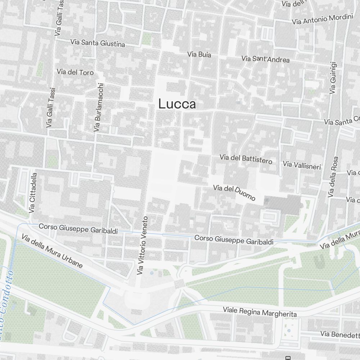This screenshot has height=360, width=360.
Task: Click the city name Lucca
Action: (177, 104)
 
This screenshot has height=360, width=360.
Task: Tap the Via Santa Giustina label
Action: (98, 43)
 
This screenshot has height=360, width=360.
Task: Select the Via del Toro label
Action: (75, 72)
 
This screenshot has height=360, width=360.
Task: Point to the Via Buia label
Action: (199, 55)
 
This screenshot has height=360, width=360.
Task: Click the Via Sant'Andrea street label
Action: (265, 59)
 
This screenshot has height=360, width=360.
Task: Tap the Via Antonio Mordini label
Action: (322, 19)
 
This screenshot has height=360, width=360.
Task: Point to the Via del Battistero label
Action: (246, 159)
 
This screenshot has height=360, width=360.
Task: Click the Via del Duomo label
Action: (234, 193)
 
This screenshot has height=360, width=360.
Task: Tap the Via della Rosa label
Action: (333, 177)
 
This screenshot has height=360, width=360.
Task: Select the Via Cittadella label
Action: (33, 193)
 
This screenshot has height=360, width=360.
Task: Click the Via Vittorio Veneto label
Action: (143, 246)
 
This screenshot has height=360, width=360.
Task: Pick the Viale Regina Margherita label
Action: (260, 312)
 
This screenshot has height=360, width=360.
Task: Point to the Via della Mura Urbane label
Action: (52, 251)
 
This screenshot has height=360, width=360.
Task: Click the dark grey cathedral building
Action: (283, 205)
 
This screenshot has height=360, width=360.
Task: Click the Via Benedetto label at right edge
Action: (340, 335)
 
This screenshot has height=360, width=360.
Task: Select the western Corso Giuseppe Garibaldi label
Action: (78, 229)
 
